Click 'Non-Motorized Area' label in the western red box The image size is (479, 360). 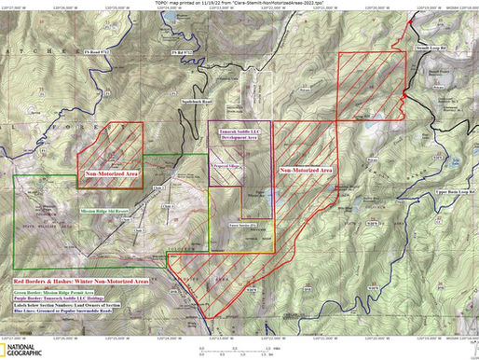114,173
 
